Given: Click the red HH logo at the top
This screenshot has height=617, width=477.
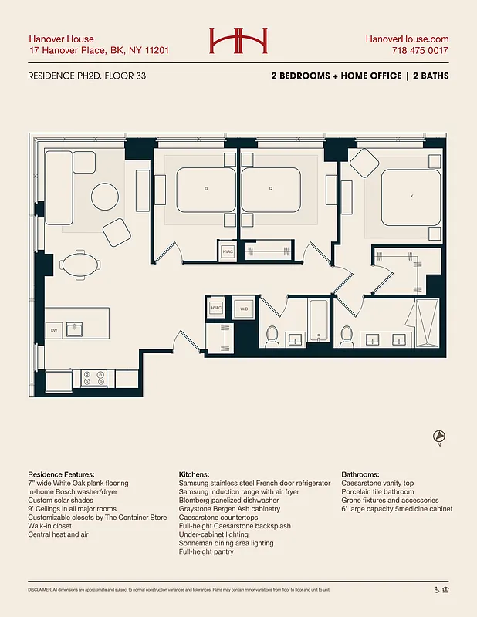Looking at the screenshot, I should coord(238,41).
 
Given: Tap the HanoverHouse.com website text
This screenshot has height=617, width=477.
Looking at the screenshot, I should coord(407,39).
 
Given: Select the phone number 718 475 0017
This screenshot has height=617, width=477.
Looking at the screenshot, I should coord(419,51).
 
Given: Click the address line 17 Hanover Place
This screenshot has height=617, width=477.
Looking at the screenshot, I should coord(99,51).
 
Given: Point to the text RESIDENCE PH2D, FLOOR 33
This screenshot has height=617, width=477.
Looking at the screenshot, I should coord(86,76).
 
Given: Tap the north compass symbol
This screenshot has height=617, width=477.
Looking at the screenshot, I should coord(438,436).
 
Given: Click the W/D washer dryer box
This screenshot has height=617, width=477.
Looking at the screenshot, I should coord(244,308).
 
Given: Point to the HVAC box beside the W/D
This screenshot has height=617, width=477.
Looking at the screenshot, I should coord(217,308).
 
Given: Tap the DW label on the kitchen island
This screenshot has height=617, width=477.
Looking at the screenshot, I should coord(54,331).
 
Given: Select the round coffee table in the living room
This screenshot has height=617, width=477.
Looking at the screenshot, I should coord(106,196).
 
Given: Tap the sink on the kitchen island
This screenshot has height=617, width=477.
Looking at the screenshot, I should coord(76,331).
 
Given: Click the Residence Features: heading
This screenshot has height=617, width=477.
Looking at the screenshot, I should coord(61,474).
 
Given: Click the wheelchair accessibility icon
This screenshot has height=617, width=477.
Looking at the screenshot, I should coord(437,590).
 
